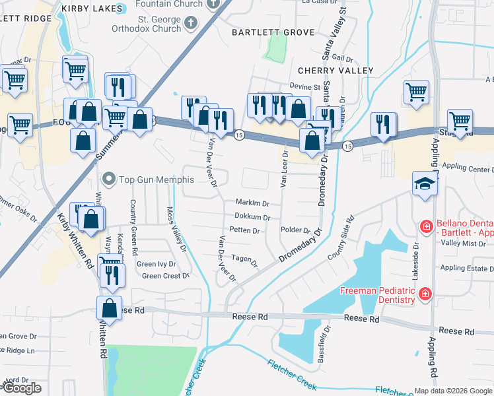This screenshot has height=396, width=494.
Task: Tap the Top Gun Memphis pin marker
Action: tap(109, 179)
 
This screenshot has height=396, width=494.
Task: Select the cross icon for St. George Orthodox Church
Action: tap(191, 24)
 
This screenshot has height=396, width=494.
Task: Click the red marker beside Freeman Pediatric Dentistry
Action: tap(426, 293)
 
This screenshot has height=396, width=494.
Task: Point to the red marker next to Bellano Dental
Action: tap(427, 228)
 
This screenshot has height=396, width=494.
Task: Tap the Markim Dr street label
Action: tap(253, 203)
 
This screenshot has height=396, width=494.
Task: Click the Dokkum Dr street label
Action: tap(252, 217)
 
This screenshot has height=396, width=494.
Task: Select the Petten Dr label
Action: tap(244, 231)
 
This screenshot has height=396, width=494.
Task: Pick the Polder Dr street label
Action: tap(296, 230)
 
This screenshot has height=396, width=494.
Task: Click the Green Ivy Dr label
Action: tap(156, 264)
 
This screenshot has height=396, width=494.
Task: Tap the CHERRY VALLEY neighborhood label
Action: tap(335, 71)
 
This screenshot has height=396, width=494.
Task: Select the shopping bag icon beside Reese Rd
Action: tap(109, 308)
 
